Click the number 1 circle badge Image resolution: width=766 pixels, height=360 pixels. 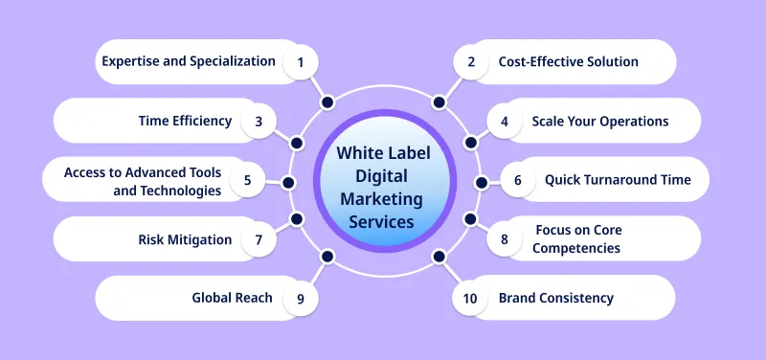(300, 62)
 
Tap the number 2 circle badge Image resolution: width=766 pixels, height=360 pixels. (470, 62)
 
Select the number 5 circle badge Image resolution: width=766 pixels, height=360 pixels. (247, 179)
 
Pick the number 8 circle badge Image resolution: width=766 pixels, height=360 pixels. (505, 239)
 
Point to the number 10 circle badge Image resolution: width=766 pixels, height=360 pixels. (470, 299)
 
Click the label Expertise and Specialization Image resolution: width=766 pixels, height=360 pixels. (189, 62)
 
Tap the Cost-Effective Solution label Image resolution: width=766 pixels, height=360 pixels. (568, 62)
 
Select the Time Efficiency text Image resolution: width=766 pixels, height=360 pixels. (186, 121)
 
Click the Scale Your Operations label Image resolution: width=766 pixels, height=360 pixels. (600, 122)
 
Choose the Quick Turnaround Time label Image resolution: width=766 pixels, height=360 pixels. (618, 180)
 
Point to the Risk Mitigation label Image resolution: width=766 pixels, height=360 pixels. (186, 239)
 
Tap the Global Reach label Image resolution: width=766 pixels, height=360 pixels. (233, 298)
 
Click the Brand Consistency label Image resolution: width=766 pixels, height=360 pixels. (555, 298)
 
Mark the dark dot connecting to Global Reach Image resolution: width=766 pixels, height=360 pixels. (328, 257)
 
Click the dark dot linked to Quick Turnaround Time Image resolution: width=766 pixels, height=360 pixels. (483, 181)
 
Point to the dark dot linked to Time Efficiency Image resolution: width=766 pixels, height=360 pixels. (297, 141)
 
